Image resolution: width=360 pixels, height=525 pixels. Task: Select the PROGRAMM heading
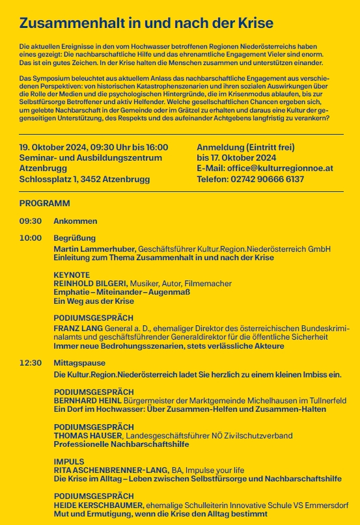[45, 203]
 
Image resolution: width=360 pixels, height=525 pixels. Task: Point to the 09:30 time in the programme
[31, 221]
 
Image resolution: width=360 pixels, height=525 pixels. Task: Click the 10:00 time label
[31, 238]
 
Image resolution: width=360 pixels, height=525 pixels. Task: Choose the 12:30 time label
[31, 362]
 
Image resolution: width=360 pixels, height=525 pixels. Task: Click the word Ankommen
[76, 221]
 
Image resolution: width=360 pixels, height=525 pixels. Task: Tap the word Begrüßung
[75, 238]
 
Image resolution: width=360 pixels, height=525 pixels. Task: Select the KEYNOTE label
[72, 275]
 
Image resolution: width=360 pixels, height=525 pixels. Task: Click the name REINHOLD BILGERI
[90, 284]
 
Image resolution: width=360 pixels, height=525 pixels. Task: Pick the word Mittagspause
[80, 362]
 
